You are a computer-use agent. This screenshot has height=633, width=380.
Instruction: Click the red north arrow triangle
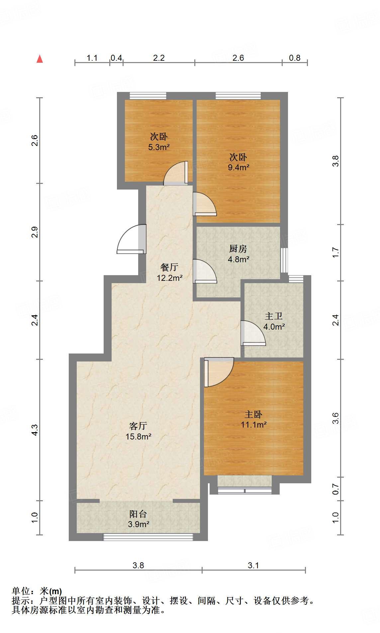(40, 59)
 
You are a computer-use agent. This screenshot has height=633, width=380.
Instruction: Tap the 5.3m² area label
(159, 147)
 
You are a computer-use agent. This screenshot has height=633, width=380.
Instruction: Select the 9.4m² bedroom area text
(238, 167)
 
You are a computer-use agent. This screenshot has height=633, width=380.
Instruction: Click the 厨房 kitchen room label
(238, 249)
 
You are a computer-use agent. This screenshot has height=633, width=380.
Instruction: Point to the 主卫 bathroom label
(274, 316)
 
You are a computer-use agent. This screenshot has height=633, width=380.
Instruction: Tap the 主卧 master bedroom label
(253, 414)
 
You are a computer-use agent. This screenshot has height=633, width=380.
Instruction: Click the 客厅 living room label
(138, 426)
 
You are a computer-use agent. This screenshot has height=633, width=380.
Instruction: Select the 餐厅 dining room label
(169, 267)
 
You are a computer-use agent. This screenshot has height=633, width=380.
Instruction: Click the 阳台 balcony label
(138, 514)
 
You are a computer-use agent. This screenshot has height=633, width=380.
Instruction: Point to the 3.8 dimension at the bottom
(138, 565)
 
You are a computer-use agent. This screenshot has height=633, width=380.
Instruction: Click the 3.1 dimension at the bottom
(253, 565)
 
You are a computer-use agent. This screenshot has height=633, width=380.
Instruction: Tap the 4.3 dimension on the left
(35, 430)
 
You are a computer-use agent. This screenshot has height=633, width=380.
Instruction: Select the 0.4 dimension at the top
(116, 58)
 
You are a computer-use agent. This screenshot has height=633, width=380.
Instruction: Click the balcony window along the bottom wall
(148, 537)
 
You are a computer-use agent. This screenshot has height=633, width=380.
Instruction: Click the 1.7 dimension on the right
(336, 252)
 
